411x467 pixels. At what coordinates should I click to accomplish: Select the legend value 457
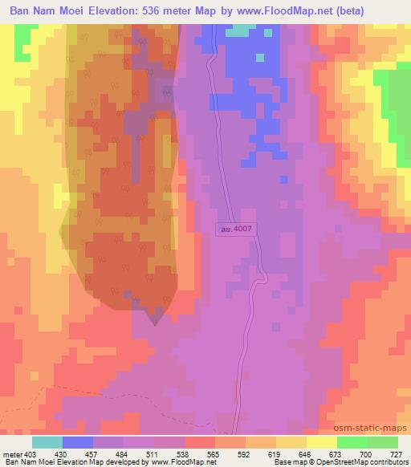click(92, 454)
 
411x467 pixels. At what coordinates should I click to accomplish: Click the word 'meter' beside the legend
click(11, 454)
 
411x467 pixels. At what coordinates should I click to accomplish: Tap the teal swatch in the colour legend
click(47, 442)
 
